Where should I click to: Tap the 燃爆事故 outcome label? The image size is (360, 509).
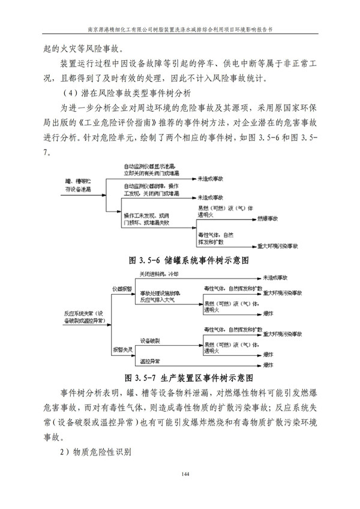[x=269, y=220]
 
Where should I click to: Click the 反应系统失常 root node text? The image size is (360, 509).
[x=84, y=316]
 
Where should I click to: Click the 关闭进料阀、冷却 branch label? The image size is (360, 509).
[x=160, y=274]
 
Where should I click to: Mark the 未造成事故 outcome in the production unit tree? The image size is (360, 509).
[x=275, y=278]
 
